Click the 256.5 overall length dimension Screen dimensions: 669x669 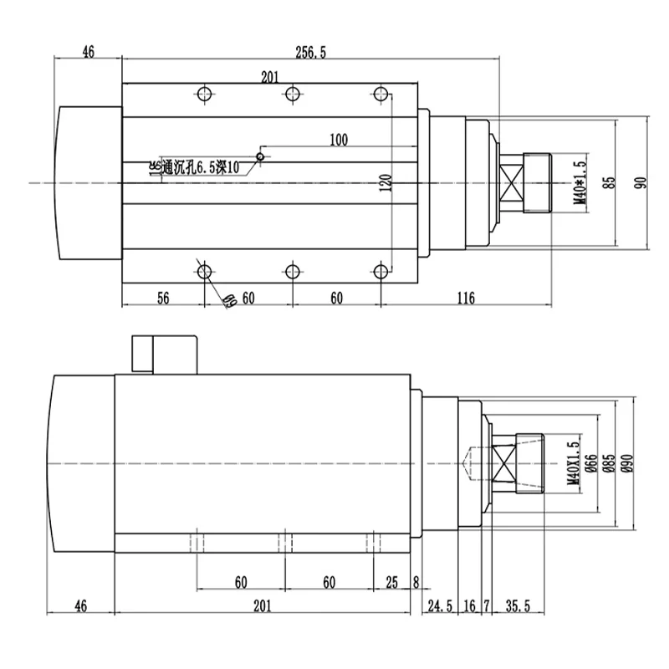310,53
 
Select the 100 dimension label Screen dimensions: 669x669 338,140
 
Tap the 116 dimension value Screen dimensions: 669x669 467,297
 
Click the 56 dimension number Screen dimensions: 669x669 163,297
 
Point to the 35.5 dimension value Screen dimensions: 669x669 518,605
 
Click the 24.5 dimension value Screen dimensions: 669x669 440,605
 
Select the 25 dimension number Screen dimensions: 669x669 391,581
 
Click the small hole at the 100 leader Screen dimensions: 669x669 261,156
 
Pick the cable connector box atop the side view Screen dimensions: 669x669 163,353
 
